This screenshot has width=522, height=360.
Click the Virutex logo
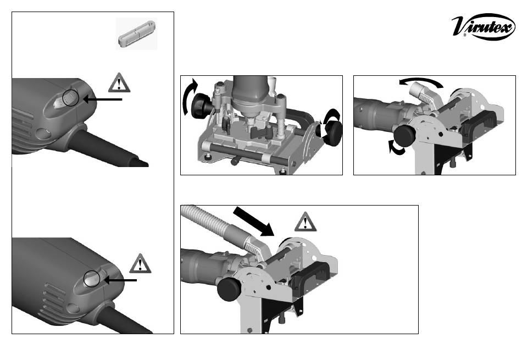tap(483, 26)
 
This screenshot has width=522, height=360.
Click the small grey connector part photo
tap(136, 34)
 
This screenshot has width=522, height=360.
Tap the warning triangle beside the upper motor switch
tap(119, 82)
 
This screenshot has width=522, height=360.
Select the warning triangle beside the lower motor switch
tap(140, 263)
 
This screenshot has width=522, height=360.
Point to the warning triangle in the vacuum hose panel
tap(306, 222)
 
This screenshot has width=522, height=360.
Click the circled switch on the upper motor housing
tap(70, 98)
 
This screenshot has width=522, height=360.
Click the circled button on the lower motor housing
tap(92, 279)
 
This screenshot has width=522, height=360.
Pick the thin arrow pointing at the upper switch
tap(103, 99)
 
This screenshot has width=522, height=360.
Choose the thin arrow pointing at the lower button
tap(120, 280)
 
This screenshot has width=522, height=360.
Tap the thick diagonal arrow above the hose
tap(254, 221)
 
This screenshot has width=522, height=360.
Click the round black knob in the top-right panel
tap(404, 136)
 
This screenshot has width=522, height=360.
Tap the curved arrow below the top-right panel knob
tap(396, 148)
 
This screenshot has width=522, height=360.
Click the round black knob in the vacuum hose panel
tap(229, 289)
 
